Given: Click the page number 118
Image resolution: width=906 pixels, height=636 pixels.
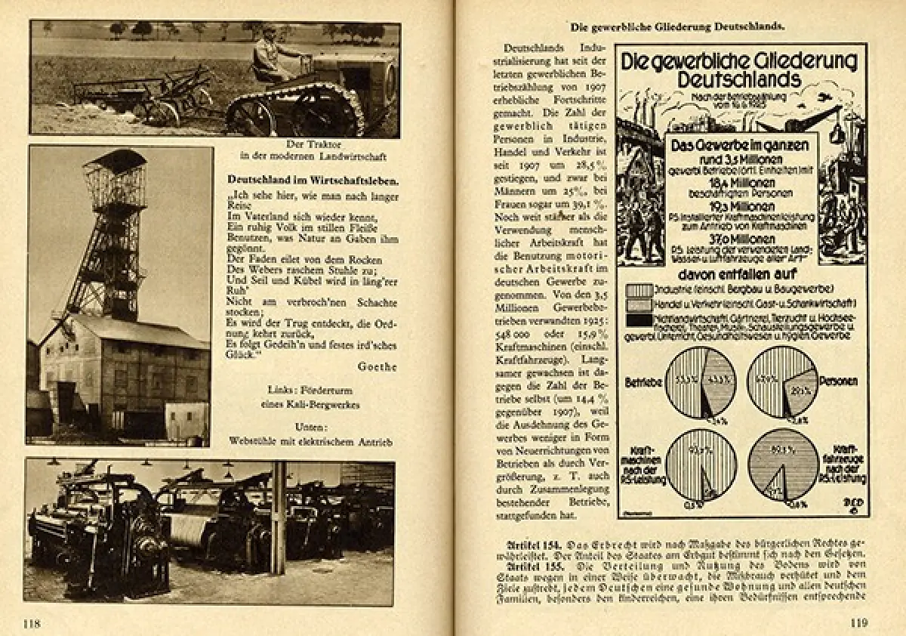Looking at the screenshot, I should (31, 623).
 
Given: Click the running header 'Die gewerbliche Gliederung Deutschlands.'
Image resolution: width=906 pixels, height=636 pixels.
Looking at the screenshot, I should (677, 26).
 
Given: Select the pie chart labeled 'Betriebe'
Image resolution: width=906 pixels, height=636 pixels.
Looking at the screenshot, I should (701, 382).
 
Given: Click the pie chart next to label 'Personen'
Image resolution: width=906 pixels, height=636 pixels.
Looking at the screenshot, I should (783, 382).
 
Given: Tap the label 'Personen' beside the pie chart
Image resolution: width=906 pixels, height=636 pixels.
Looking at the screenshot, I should (838, 381).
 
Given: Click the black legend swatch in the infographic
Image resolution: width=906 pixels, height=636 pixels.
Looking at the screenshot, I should (639, 320).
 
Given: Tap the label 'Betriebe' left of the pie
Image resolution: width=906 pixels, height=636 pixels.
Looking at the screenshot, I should (643, 382).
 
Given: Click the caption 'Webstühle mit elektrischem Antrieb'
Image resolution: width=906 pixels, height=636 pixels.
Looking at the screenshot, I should (313, 440).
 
